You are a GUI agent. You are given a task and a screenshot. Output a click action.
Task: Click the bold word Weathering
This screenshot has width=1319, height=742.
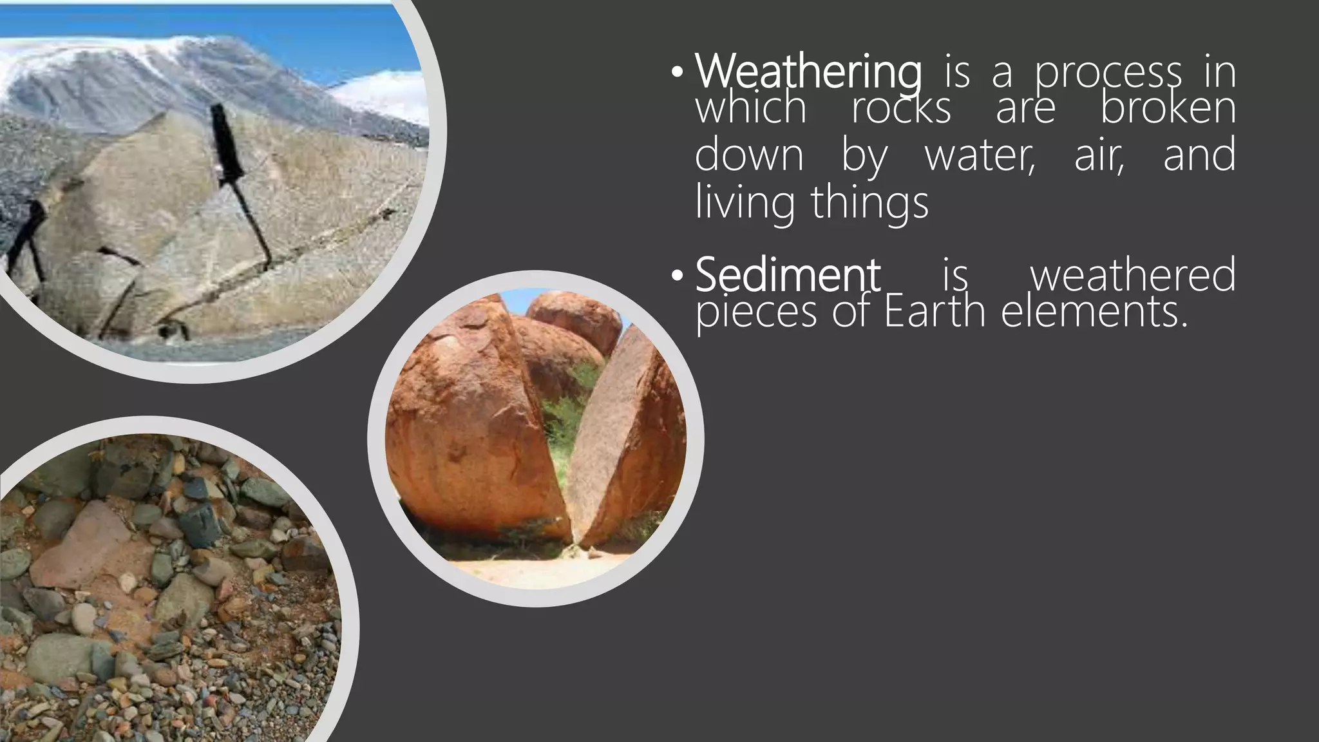coord(808,72)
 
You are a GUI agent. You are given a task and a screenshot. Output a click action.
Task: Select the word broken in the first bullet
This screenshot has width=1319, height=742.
coord(1168,108)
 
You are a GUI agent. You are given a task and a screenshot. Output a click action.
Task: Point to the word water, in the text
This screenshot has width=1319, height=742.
coord(979,155)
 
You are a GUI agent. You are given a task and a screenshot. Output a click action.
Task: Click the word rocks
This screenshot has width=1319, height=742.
coord(901,108)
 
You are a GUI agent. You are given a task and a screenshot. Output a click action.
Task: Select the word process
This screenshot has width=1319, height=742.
coord(1108,72)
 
